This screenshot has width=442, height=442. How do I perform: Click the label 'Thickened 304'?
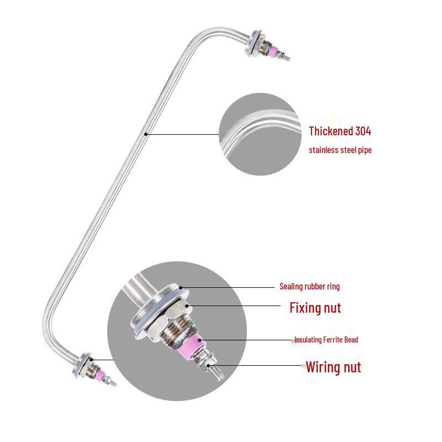(x=340, y=131)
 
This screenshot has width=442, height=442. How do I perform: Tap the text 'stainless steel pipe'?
(x=340, y=150)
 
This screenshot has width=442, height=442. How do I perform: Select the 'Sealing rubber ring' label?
(x=309, y=286)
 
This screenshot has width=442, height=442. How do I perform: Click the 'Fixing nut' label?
(x=315, y=308)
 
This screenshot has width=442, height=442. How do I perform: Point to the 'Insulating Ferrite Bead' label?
(x=326, y=340)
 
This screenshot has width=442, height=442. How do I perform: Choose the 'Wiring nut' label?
(x=333, y=367)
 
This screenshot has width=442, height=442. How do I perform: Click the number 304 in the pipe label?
(x=363, y=131)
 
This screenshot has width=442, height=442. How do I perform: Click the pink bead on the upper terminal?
(x=273, y=51)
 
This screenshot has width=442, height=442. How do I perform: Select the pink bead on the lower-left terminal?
(x=100, y=375)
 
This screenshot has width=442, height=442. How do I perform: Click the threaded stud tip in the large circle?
(x=217, y=372)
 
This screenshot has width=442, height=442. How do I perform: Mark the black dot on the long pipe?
(x=146, y=134)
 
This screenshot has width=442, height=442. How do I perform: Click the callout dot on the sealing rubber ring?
(x=181, y=288)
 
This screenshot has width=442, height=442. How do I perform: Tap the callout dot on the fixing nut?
(x=187, y=306)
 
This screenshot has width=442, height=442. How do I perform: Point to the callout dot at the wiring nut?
(x=208, y=366)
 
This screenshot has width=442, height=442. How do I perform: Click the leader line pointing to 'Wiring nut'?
(x=255, y=366)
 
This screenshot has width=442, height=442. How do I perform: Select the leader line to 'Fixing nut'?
(x=234, y=306)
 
